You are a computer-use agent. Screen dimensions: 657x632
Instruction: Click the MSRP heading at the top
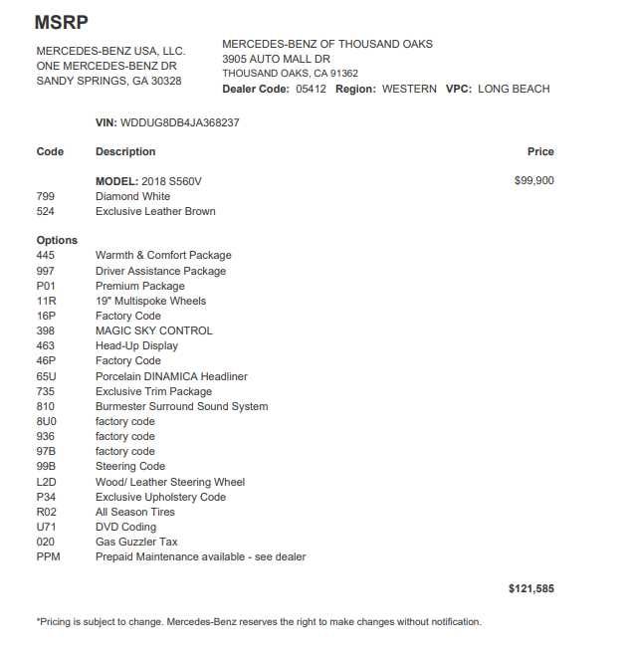(61, 21)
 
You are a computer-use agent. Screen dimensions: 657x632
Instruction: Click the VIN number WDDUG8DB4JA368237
(179, 122)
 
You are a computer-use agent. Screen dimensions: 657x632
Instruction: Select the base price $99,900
(534, 181)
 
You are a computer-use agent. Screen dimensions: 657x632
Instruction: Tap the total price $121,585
(531, 589)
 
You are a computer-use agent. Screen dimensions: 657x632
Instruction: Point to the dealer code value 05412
(311, 89)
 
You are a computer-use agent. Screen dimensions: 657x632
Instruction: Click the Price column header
(540, 151)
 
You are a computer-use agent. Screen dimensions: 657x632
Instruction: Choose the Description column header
(125, 151)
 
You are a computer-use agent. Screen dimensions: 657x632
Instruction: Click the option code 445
(45, 256)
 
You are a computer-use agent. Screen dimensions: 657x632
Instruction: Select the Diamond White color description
(132, 196)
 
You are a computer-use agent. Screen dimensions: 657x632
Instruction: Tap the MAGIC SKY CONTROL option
(154, 330)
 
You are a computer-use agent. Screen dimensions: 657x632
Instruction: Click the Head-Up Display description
(136, 345)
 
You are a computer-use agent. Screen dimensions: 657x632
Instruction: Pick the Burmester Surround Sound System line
(181, 406)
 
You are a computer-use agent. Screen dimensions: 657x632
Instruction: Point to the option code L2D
(46, 482)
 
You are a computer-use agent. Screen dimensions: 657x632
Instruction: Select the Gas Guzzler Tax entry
(136, 542)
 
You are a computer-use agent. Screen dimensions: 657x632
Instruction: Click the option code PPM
(48, 556)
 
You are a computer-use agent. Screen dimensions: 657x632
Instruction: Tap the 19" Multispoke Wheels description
(150, 301)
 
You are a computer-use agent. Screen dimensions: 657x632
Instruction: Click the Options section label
(57, 240)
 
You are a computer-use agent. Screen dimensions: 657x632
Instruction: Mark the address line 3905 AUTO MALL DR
(276, 59)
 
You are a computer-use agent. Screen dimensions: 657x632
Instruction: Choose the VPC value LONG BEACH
(514, 89)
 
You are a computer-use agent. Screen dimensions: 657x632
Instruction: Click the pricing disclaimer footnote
(259, 622)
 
